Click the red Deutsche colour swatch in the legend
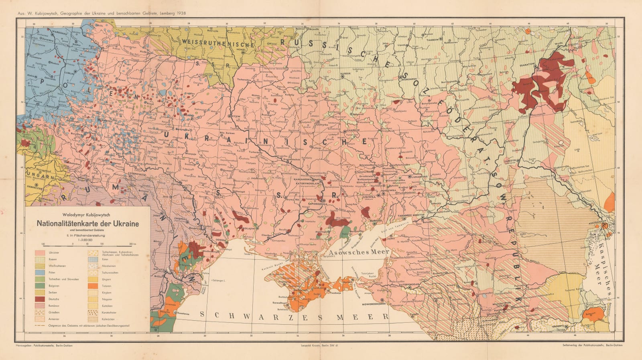(x=40, y=299)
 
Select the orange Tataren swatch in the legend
(x=93, y=286)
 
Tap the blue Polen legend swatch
(x=40, y=273)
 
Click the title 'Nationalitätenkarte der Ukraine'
(x=88, y=223)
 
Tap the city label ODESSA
(x=232, y=240)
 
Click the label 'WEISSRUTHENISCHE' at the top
(x=217, y=42)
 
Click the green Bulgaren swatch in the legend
(x=40, y=286)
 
